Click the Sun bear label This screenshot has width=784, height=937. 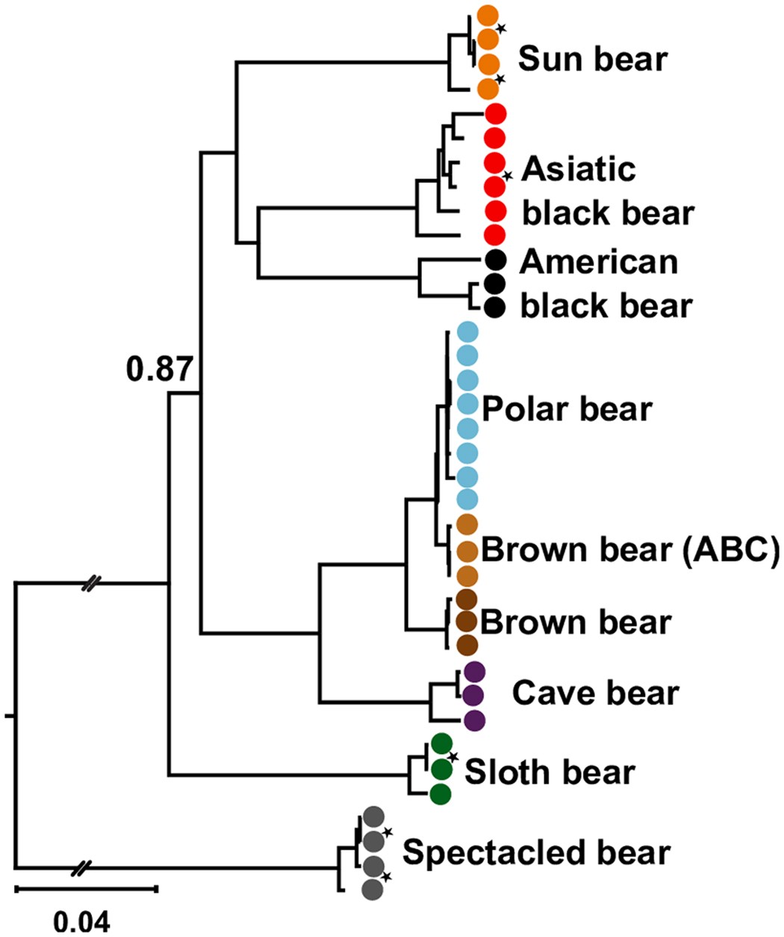point(592,58)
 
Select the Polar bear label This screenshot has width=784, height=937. point(567,408)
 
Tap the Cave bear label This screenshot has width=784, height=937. point(595,693)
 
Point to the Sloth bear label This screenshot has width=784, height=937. point(550,771)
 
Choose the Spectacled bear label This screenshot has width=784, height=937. point(536,851)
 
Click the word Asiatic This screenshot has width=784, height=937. point(579,169)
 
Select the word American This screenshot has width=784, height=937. point(600,261)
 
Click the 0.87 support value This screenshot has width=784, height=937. point(161,370)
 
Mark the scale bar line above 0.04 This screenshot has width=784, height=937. point(86,888)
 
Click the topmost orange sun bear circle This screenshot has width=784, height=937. point(488,15)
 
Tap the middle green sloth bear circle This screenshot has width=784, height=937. point(441,768)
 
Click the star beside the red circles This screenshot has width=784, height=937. point(508,175)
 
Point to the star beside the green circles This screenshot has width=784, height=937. point(452,757)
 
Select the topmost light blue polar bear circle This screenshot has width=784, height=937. point(467,332)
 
